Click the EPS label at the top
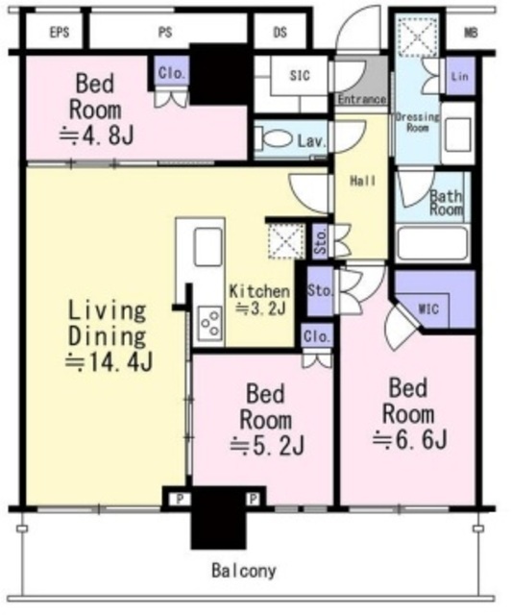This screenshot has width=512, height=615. pos(60,32)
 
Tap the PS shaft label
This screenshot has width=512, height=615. pos(165,32)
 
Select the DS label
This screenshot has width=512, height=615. pos(280,32)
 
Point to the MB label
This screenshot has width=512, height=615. pos(471,33)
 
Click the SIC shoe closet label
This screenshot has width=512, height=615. pos(300,75)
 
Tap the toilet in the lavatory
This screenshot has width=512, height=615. pos(274,139)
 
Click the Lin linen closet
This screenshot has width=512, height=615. pos(460,76)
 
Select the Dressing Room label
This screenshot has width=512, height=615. pos(417,122)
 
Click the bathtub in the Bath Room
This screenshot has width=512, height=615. pos(432,243)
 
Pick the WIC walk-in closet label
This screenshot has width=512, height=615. pos(428,309)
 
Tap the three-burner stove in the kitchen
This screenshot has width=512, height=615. pos(209,323)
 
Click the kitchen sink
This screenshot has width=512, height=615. pos(207,247)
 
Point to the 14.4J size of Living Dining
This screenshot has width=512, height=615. pos(109,362)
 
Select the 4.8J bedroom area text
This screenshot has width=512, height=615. pos(96,135)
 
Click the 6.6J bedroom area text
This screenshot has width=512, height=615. pos(409,439)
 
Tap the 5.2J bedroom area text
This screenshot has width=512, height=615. pos(267,446)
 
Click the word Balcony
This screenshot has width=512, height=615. pos(244,571)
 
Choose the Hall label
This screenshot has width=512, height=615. pos(363,181)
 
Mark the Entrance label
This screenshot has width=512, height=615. pos(361,99)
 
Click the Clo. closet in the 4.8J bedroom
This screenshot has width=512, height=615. pos(171,73)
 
